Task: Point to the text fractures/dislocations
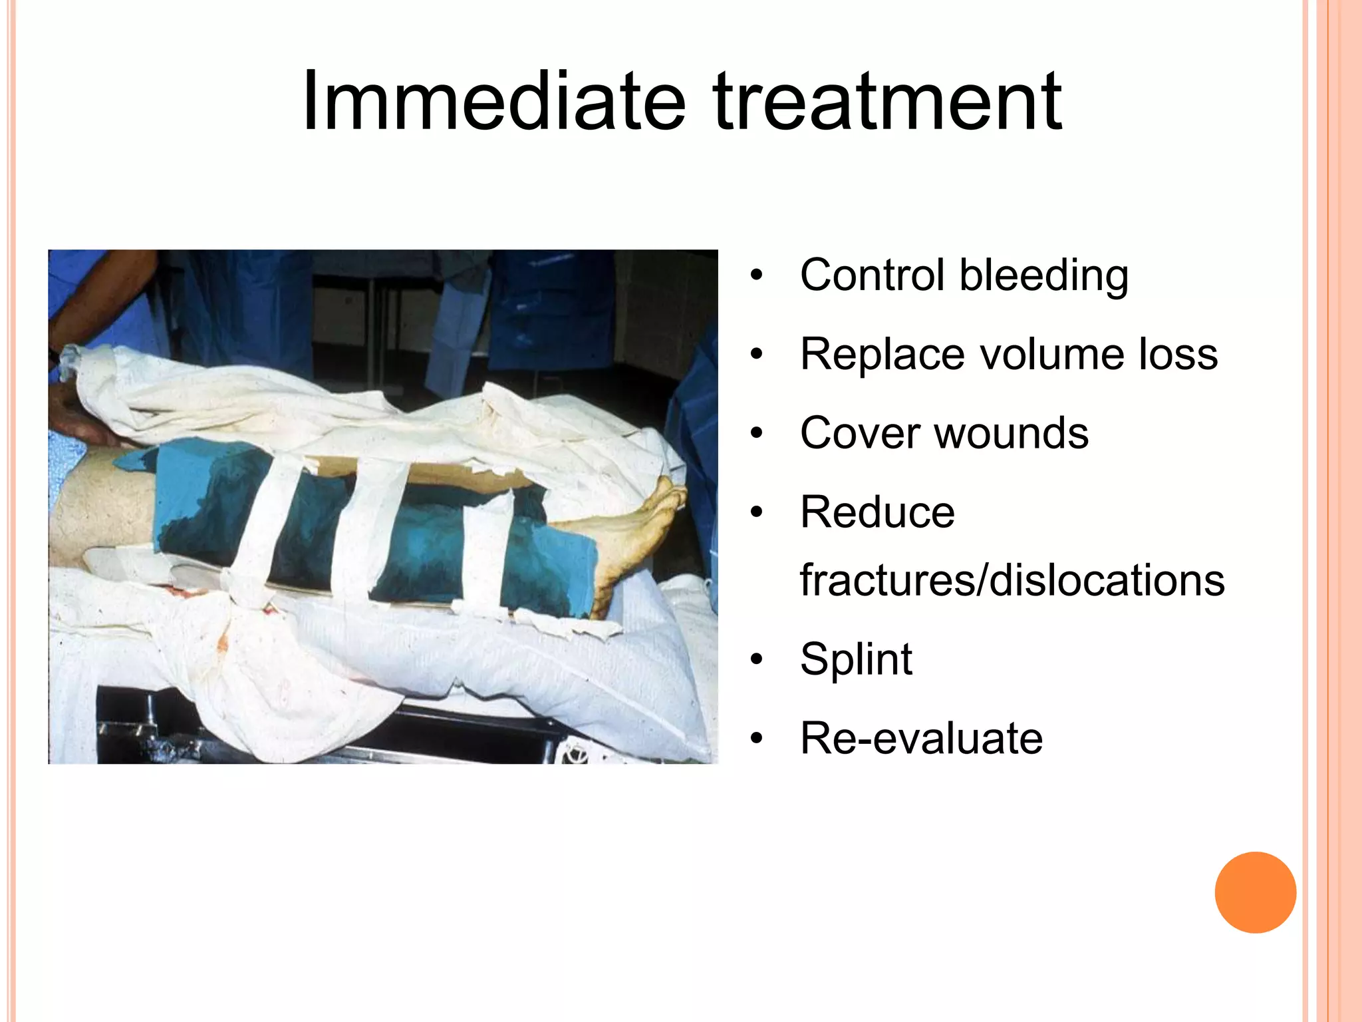point(1012,580)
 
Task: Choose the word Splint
point(856,659)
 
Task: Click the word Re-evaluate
point(921,738)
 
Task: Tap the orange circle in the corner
point(1255,892)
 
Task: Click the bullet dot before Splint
point(756,659)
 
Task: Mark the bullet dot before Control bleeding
point(756,275)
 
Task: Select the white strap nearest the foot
point(489,552)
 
